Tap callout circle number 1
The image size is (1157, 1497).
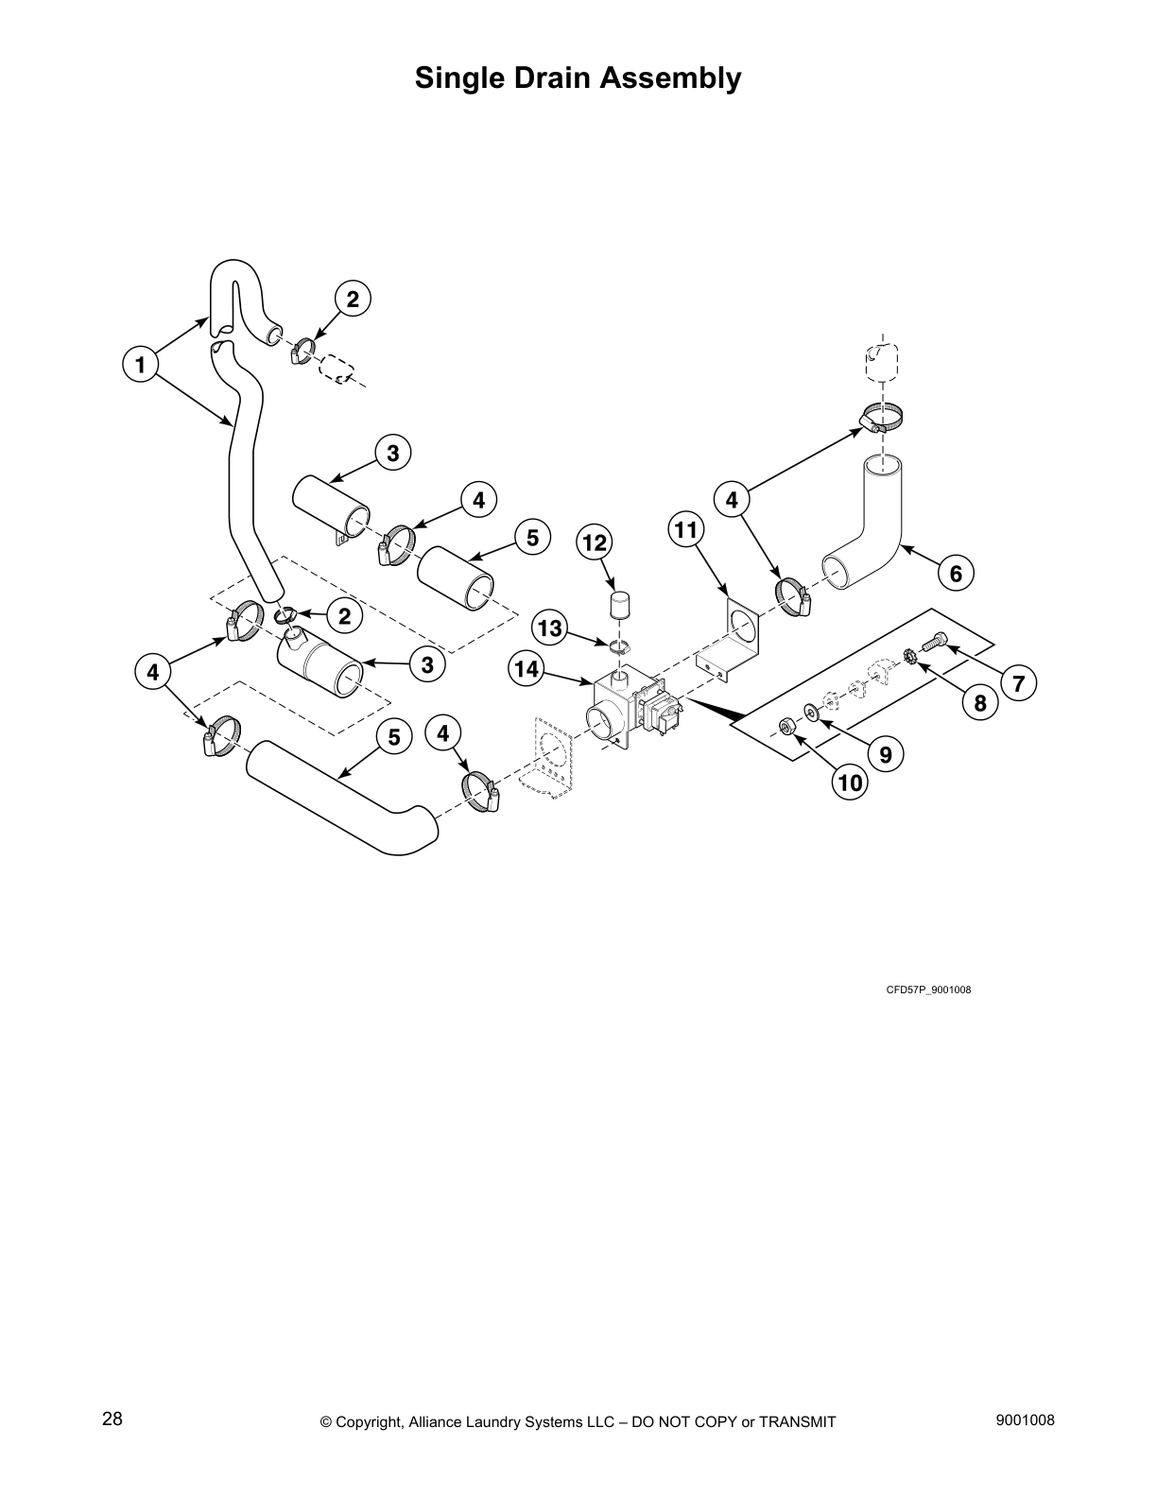(x=141, y=364)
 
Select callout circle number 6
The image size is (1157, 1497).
(x=956, y=573)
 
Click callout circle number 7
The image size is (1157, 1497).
(x=1018, y=683)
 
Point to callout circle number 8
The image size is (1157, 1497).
(x=979, y=702)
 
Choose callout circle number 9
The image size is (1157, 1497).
(x=886, y=754)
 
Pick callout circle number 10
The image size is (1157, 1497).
(x=850, y=783)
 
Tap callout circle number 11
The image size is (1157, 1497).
(x=687, y=530)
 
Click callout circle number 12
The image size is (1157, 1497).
(x=595, y=542)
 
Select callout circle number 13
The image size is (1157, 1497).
(x=549, y=628)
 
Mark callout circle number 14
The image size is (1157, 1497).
(x=527, y=669)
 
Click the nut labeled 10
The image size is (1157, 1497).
(x=785, y=725)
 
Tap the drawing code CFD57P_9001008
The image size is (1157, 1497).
(x=928, y=989)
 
